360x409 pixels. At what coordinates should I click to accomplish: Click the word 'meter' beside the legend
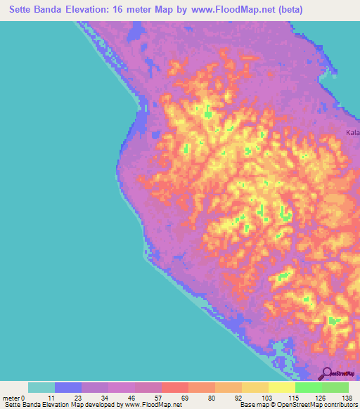[x=11, y=398]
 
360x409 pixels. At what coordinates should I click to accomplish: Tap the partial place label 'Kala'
[x=352, y=132]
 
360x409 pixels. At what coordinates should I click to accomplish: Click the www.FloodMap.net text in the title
[x=243, y=9]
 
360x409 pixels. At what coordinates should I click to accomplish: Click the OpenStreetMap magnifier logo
[x=326, y=373]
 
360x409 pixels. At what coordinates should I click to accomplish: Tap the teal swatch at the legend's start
[x=41, y=387]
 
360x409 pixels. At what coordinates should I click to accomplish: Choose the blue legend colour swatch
[x=68, y=387]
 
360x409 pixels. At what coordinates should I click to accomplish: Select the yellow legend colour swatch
[x=282, y=387]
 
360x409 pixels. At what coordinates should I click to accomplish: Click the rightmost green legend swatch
[x=335, y=387]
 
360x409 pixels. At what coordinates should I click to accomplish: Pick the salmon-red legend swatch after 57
[x=175, y=387]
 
